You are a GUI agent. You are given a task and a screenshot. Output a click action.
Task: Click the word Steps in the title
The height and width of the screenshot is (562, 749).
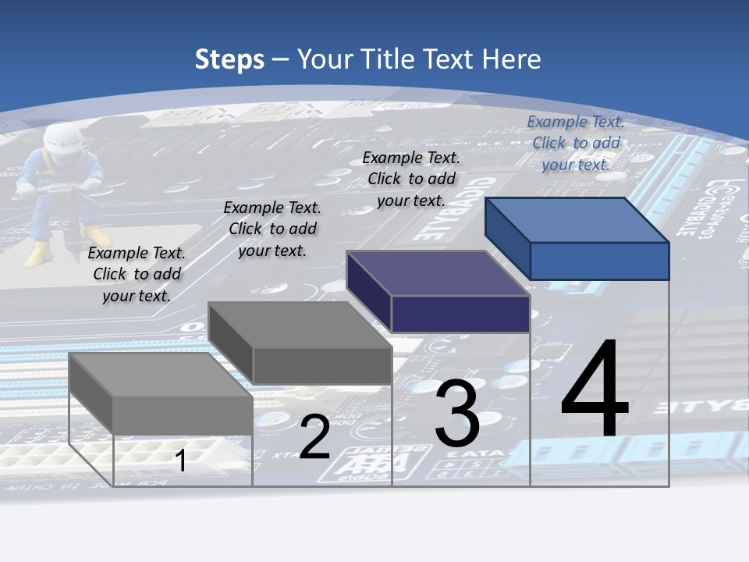pyautogui.click(x=229, y=59)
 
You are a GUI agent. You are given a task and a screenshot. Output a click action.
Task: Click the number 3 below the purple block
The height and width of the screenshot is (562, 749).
pyautogui.click(x=457, y=413)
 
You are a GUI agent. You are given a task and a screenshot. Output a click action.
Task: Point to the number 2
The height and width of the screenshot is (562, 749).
pyautogui.click(x=314, y=437)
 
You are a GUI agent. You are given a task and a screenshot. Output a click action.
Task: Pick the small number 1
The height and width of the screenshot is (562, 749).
pyautogui.click(x=180, y=461)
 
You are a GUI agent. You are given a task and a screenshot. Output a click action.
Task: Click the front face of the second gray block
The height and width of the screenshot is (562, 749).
pyautogui.click(x=321, y=365)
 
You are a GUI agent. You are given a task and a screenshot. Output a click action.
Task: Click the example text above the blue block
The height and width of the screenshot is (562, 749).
pyautogui.click(x=576, y=143)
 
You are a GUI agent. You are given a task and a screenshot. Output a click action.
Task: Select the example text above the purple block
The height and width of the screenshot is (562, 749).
pyautogui.click(x=411, y=179)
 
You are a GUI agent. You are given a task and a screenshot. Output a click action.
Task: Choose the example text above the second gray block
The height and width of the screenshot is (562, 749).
pyautogui.click(x=272, y=229)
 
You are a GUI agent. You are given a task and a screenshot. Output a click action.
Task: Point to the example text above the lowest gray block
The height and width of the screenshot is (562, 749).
pyautogui.click(x=137, y=274)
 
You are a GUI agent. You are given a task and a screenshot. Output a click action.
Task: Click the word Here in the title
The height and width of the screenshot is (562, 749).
pyautogui.click(x=512, y=59)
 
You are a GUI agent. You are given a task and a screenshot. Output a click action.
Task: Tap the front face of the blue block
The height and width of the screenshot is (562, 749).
pyautogui.click(x=599, y=261)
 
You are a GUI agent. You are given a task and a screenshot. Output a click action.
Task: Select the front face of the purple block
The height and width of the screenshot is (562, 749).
pyautogui.click(x=460, y=314)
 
